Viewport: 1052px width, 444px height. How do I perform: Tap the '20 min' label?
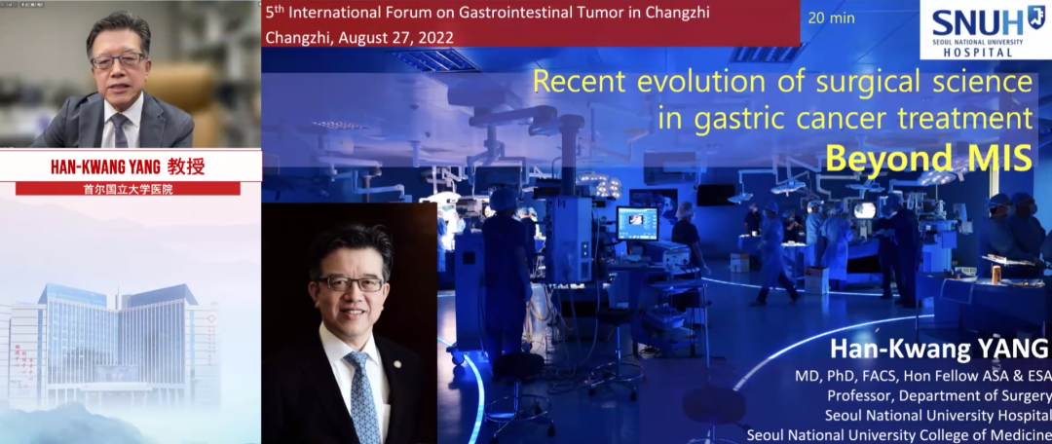pyautogui.click(x=831, y=18)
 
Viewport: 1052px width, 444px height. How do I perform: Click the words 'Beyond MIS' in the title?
pyautogui.click(x=928, y=159)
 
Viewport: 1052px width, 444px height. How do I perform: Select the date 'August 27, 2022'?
pyautogui.click(x=395, y=38)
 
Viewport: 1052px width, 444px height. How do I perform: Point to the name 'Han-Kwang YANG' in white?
pyautogui.click(x=939, y=350)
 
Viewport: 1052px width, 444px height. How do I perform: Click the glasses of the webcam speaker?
pyautogui.click(x=118, y=61)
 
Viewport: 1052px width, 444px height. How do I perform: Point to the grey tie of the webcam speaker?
pyautogui.click(x=120, y=130)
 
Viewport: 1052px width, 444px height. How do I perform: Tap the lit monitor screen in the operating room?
pyautogui.click(x=637, y=223)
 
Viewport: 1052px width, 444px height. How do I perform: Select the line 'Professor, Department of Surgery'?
pyautogui.click(x=939, y=395)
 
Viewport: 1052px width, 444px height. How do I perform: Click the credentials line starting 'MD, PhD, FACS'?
pyautogui.click(x=923, y=376)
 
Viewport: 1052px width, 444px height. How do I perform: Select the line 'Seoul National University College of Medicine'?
pyautogui.click(x=899, y=434)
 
